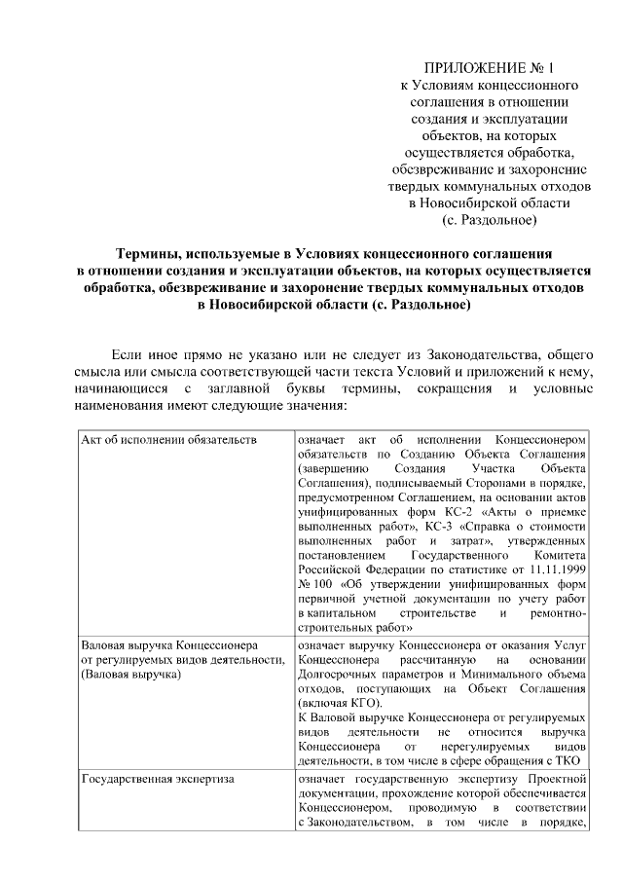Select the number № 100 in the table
314,585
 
